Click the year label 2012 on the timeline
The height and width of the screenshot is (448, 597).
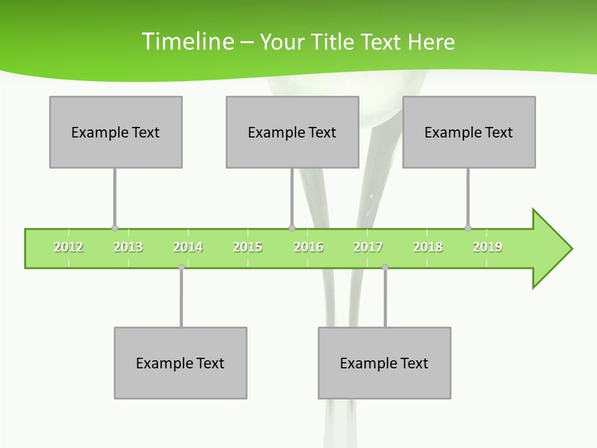click(68, 248)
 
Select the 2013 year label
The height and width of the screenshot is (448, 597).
click(128, 248)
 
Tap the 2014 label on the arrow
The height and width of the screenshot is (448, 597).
click(188, 248)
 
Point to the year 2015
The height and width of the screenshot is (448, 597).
click(248, 248)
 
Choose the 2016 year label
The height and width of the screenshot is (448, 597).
click(308, 248)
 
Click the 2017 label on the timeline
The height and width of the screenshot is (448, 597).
click(368, 248)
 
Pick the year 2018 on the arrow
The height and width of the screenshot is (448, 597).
click(428, 248)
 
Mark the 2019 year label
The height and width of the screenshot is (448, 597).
click(488, 248)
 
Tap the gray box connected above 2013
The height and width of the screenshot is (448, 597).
click(116, 132)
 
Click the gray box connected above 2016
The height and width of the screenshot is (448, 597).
click(292, 132)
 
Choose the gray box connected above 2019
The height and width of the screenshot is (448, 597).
click(469, 132)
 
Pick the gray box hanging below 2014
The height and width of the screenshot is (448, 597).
click(180, 363)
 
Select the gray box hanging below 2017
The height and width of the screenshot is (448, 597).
click(384, 363)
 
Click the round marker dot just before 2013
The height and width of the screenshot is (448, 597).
click(114, 228)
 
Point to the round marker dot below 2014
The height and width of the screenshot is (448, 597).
click(181, 267)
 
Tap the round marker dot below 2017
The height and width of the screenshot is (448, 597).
click(385, 267)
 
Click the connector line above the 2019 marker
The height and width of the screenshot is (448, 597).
click(468, 198)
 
